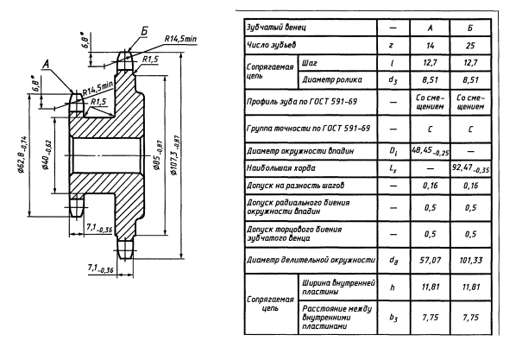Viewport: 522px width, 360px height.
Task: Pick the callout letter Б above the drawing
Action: [143, 31]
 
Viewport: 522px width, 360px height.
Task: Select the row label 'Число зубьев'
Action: [269, 44]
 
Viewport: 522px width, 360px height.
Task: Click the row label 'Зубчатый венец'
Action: [274, 28]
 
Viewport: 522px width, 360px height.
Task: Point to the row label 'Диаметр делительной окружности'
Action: [307, 259]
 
